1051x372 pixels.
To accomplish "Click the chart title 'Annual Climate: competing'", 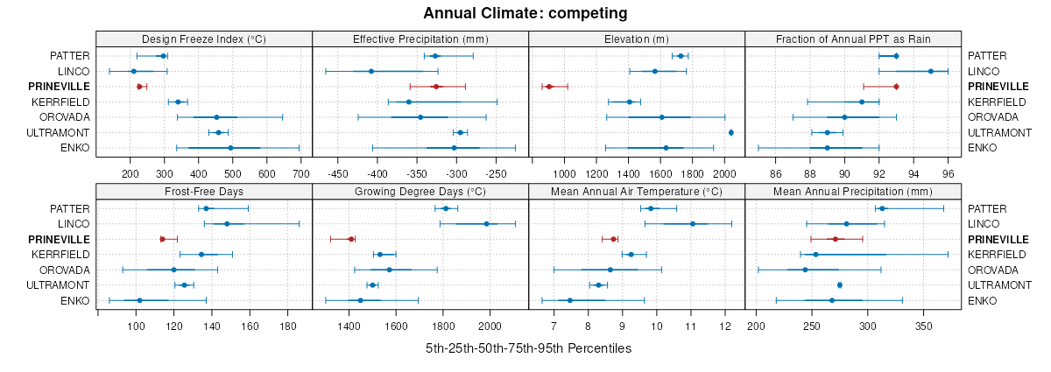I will click(525, 13).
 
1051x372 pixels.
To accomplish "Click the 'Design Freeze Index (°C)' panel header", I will click(203, 39).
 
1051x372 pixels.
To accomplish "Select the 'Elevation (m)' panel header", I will click(637, 39).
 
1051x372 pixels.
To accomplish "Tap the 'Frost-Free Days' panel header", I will click(203, 191).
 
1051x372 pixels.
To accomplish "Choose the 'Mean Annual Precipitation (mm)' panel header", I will click(853, 191).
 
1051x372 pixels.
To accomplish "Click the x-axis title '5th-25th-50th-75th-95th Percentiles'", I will click(528, 348).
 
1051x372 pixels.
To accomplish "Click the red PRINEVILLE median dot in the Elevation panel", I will click(549, 87).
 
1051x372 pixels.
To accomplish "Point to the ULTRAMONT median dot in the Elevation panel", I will click(731, 132).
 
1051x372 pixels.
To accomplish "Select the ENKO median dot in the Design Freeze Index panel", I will click(230, 148).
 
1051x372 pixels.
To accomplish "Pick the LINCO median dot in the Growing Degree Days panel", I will click(487, 223).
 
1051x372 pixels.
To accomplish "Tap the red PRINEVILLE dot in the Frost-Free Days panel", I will click(162, 239).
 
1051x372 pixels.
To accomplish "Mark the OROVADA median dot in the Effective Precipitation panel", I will click(420, 117).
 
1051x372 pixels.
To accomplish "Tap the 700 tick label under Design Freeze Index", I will click(300, 161).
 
